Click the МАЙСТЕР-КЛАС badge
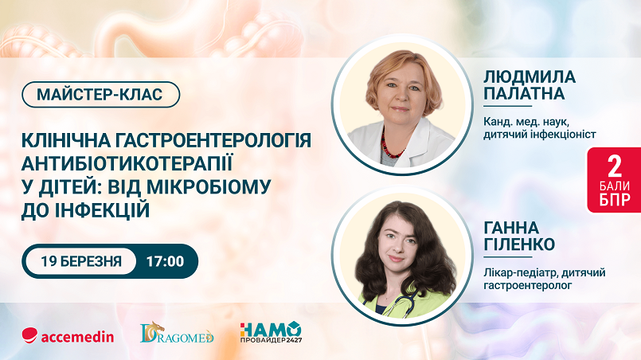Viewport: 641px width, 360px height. tap(100, 95)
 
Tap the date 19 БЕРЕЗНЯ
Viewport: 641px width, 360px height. tap(81, 261)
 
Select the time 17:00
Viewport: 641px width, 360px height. tap(165, 261)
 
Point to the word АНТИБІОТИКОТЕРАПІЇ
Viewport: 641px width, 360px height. tap(127, 163)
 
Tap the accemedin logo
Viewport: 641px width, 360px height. tap(68, 336)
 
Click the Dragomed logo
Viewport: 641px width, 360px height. tap(177, 332)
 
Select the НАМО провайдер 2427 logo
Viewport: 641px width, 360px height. tap(271, 332)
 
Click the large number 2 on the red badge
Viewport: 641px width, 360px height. tap(615, 166)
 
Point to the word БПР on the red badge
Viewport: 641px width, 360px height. tap(615, 200)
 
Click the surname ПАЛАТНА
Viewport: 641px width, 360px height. tap(524, 94)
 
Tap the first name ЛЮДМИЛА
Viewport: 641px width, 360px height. tap(530, 76)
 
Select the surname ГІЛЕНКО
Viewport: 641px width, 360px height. tap(519, 245)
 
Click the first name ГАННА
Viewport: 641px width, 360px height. tap(511, 227)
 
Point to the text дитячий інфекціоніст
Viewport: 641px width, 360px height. tap(540, 134)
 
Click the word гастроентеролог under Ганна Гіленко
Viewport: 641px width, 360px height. tap(528, 286)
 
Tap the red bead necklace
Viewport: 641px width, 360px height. tap(390, 146)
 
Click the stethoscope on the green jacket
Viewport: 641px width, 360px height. tap(392, 302)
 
